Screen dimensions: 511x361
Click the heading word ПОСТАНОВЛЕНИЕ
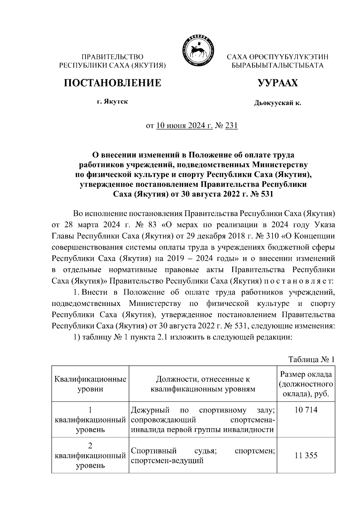point(112,83)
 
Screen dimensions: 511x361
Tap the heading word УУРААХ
point(277,83)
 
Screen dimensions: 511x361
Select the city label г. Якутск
point(112,102)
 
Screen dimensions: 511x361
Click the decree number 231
point(231,126)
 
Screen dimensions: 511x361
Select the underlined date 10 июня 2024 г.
point(184,126)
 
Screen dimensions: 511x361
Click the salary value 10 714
point(306,410)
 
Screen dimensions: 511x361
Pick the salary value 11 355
point(306,455)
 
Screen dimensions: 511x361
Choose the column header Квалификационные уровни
point(90,384)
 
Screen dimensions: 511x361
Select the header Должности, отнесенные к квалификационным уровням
point(203,384)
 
